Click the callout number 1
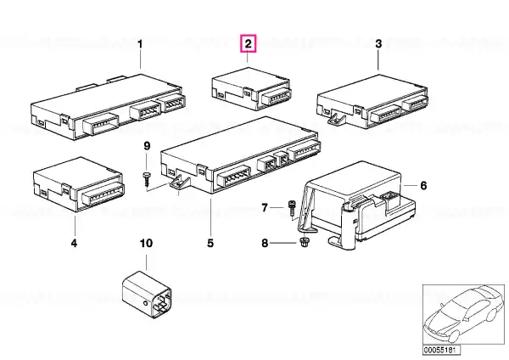point(140,44)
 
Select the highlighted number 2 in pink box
point(248,43)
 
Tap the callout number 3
point(378,44)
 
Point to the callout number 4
point(75,243)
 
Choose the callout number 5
point(210,243)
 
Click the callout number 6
point(423,186)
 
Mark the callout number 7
point(265,207)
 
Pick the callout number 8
point(265,243)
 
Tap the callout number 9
point(147,146)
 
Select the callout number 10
point(146,243)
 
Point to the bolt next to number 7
point(291,208)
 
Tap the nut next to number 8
point(304,242)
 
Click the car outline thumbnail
point(464,315)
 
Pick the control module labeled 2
point(251,88)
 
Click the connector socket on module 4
point(103,194)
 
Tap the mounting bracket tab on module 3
point(336,118)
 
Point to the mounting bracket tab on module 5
point(180,182)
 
